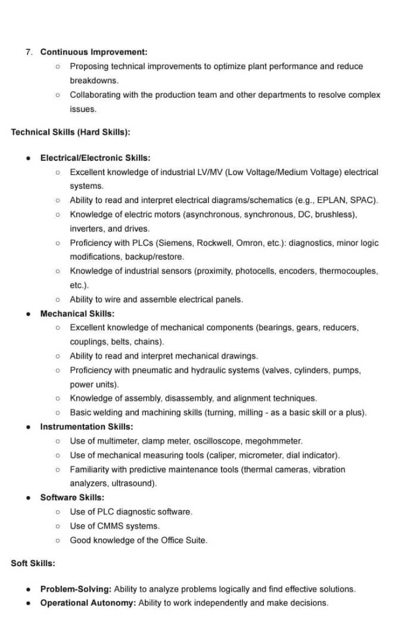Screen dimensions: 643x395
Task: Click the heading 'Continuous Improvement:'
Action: [94, 52]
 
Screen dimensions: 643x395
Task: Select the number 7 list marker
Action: [29, 52]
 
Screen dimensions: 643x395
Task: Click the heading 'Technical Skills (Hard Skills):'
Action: [70, 132]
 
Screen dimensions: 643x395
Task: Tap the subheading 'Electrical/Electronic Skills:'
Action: [95, 158]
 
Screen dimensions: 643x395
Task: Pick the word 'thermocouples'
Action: [349, 271]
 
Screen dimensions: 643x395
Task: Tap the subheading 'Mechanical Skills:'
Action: [77, 313]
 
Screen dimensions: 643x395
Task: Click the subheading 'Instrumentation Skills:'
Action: [86, 426]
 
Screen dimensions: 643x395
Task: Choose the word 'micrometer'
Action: [262, 455]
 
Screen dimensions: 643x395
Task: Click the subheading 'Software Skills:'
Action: [71, 497]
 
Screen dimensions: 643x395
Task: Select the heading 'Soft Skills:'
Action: [33, 563]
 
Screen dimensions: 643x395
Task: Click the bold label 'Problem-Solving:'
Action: [76, 589]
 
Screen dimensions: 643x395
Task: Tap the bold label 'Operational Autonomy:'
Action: [88, 603]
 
